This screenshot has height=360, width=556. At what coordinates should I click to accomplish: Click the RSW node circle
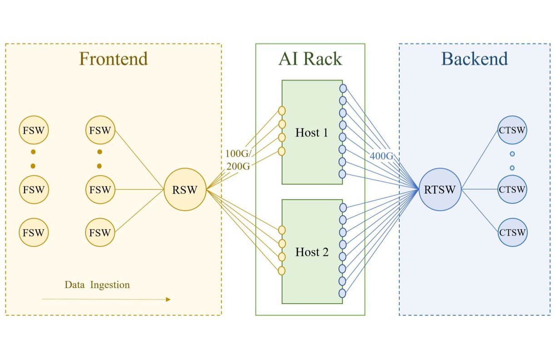pyautogui.click(x=185, y=190)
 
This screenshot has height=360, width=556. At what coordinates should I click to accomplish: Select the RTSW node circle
pyautogui.click(x=440, y=190)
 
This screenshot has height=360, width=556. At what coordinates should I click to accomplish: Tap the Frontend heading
pyautogui.click(x=114, y=59)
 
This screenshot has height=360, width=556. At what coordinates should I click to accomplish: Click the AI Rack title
pyautogui.click(x=310, y=59)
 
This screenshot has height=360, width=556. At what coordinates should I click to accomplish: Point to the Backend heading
pyautogui.click(x=475, y=59)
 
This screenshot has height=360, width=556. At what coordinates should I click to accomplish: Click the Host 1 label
pyautogui.click(x=312, y=132)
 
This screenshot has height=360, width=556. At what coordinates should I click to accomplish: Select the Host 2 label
pyautogui.click(x=312, y=252)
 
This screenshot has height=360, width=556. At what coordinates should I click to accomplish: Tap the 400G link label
pyautogui.click(x=382, y=156)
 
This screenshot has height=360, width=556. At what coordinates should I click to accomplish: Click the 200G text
pyautogui.click(x=238, y=166)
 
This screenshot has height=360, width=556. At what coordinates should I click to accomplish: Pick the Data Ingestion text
pyautogui.click(x=97, y=285)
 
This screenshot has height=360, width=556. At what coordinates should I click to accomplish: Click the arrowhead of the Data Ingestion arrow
pyautogui.click(x=168, y=300)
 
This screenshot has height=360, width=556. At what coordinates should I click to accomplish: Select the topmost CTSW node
pyautogui.click(x=512, y=130)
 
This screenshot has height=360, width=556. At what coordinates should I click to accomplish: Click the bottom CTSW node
pyautogui.click(x=512, y=233)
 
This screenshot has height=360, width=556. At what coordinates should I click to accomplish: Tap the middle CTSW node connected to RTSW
pyautogui.click(x=512, y=189)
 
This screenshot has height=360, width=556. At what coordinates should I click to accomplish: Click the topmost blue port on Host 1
pyautogui.click(x=343, y=88)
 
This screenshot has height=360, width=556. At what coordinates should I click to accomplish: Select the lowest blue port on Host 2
pyautogui.click(x=343, y=293)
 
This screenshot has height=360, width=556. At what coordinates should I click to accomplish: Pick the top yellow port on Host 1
pyautogui.click(x=282, y=111)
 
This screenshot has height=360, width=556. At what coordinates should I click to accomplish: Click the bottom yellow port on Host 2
pyautogui.click(x=282, y=270)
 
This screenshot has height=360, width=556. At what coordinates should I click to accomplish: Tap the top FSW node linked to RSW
pyautogui.click(x=100, y=130)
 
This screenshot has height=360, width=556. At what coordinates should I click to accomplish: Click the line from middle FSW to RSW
pyautogui.click(x=139, y=190)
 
